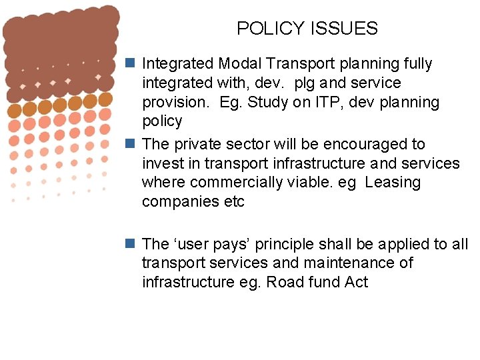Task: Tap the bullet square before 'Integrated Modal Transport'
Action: (132, 64)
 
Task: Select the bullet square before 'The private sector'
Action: (132, 144)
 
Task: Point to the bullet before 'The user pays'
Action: (132, 244)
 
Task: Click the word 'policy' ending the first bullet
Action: (162, 121)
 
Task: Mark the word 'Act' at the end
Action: (356, 282)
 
